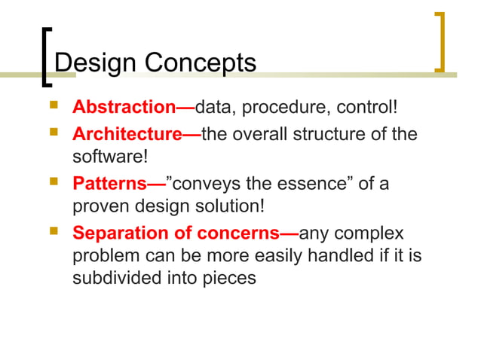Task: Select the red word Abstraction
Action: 124,108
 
